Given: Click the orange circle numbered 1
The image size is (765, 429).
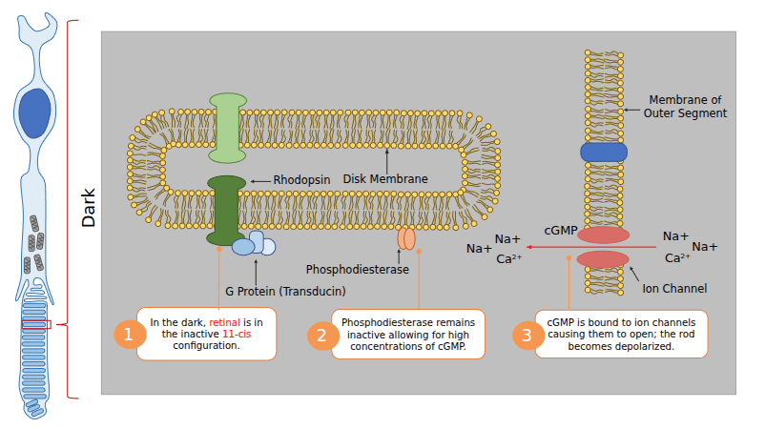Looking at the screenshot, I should pyautogui.click(x=129, y=335).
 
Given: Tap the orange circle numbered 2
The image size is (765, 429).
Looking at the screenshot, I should pyautogui.click(x=321, y=335).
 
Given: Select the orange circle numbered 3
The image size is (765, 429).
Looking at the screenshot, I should pyautogui.click(x=526, y=335).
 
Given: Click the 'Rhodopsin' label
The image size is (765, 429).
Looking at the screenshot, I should pyautogui.click(x=301, y=179).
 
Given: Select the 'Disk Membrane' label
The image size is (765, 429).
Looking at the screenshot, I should pyautogui.click(x=385, y=179).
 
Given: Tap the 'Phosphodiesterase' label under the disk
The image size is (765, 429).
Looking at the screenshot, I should pyautogui.click(x=357, y=270).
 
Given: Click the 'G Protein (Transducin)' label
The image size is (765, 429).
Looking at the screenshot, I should pyautogui.click(x=285, y=291).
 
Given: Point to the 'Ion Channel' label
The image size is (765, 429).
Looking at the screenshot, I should pyautogui.click(x=674, y=288).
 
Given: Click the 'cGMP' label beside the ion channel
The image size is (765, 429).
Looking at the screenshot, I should pyautogui.click(x=560, y=231).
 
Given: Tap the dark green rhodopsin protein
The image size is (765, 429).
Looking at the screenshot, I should pyautogui.click(x=226, y=210).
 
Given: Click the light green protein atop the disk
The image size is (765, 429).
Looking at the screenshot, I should pyautogui.click(x=228, y=127).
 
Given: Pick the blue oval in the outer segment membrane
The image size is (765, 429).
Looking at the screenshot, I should pyautogui.click(x=604, y=152).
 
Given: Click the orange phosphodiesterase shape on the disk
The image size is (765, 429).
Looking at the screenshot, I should pyautogui.click(x=406, y=238).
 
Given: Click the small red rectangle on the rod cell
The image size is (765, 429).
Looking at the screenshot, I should pyautogui.click(x=35, y=325).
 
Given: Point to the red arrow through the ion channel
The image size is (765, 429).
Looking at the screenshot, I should pyautogui.click(x=591, y=247).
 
